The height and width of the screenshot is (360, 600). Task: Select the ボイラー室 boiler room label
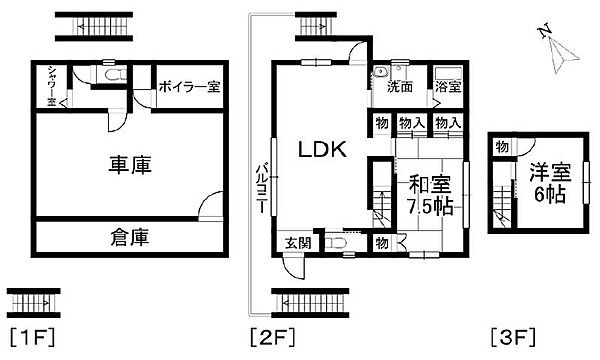[187, 87]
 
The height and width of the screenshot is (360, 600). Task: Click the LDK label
[321, 150]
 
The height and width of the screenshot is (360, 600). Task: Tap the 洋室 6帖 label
[547, 181]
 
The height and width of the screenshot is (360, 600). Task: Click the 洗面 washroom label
[400, 87]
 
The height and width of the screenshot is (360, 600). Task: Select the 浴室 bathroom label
[447, 87]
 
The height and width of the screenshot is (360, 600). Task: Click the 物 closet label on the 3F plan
[500, 147]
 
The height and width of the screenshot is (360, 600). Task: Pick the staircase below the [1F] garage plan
[34, 300]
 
